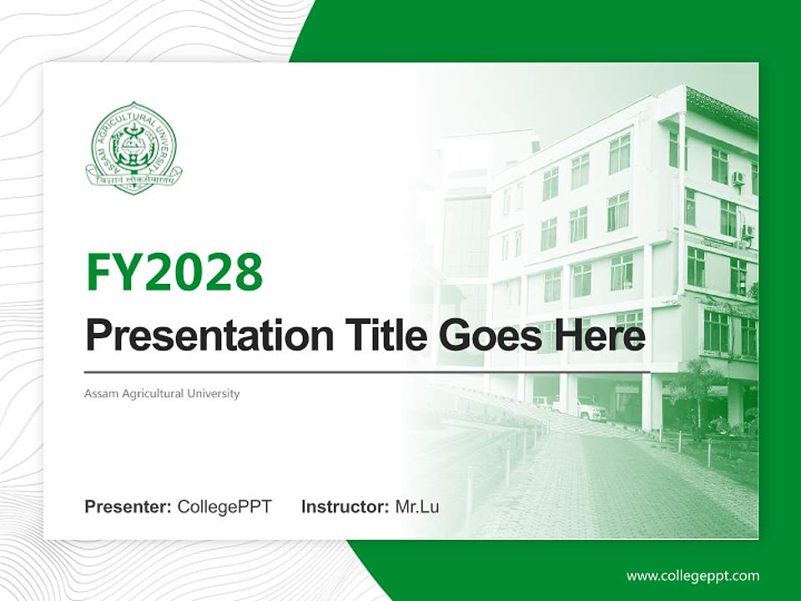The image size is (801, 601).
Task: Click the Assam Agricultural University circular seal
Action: click(x=133, y=148)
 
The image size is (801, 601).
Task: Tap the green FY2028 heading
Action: click(x=174, y=272)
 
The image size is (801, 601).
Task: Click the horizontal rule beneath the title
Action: click(x=367, y=371)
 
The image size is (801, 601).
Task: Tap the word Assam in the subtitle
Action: click(x=100, y=393)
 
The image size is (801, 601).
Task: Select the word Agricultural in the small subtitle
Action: click(x=155, y=393)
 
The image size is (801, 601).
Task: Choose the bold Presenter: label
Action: click(x=128, y=507)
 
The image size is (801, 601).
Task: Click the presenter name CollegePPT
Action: click(x=224, y=507)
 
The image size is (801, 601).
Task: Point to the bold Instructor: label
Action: click(x=345, y=507)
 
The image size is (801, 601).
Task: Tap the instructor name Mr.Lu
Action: click(x=417, y=507)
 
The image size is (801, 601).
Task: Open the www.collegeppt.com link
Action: click(x=693, y=575)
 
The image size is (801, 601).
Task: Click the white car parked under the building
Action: click(x=589, y=409)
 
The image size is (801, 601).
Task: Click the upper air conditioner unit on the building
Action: click(x=738, y=179)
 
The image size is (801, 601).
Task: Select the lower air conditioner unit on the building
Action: click(x=748, y=231)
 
